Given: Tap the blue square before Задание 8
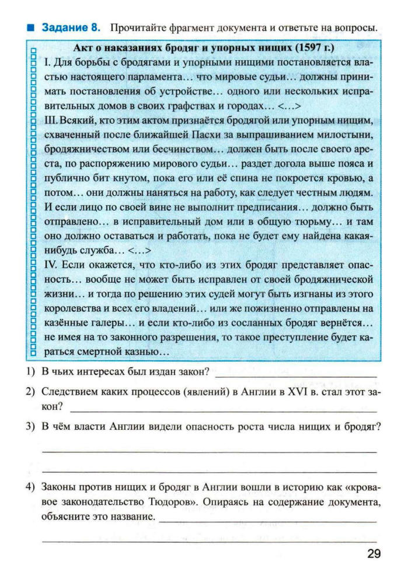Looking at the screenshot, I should point(31,27).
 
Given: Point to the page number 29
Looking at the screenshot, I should point(374,554).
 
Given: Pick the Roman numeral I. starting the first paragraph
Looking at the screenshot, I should point(48,62).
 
